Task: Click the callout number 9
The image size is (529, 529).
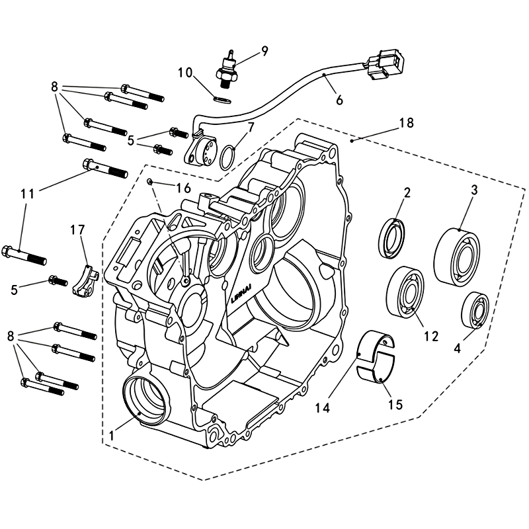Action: pyautogui.click(x=264, y=51)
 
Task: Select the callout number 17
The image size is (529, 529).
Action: pyautogui.click(x=77, y=229)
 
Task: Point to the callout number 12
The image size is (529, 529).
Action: pyautogui.click(x=431, y=337)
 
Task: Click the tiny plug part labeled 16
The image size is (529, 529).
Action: pyautogui.click(x=151, y=181)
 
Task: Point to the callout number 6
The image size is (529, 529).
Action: pyautogui.click(x=340, y=101)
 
